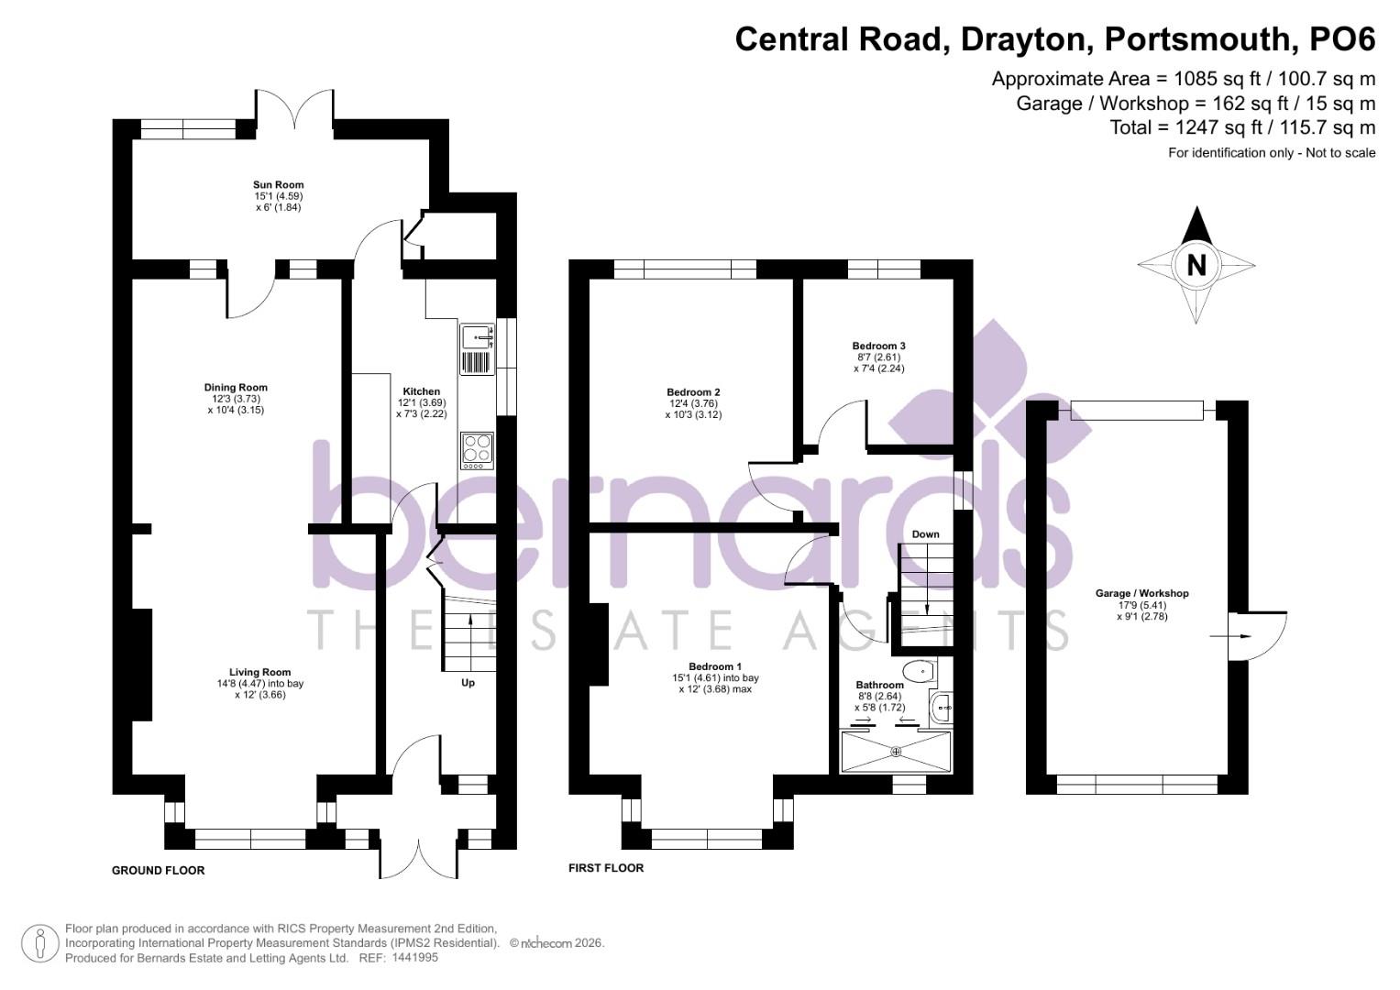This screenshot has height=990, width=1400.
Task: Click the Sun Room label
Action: (279, 185)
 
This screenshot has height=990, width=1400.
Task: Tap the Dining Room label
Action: (236, 388)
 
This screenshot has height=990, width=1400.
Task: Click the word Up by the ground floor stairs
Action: (468, 683)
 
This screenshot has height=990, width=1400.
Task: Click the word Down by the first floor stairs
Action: (925, 534)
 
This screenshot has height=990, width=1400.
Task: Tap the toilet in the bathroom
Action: (917, 672)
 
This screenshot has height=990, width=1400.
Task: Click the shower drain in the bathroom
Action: (896, 752)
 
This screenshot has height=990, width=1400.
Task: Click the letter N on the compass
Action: (1196, 265)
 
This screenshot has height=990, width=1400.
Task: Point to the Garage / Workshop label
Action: (1141, 594)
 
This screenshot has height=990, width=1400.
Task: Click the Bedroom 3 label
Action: (878, 346)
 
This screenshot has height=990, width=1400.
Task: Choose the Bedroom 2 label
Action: (692, 392)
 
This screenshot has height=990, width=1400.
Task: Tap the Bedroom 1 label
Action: (715, 666)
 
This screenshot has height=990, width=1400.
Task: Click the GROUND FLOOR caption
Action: (158, 871)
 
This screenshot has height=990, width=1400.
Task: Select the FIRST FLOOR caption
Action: (606, 868)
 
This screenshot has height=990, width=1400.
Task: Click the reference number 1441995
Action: (414, 958)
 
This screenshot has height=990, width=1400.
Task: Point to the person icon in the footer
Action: (40, 943)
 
